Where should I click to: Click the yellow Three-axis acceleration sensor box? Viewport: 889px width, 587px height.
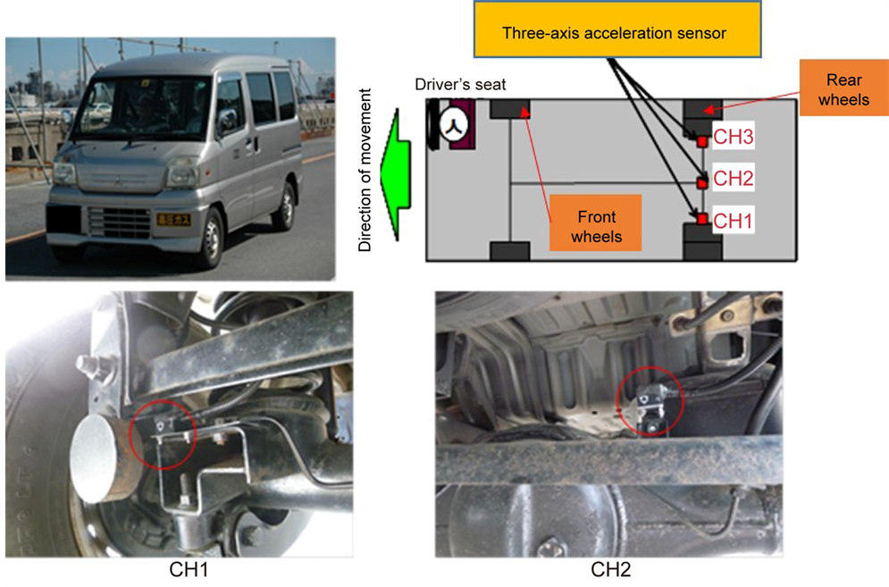coord(614,32)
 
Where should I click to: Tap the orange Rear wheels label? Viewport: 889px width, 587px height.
coord(843,89)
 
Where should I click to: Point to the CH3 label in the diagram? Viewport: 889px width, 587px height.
coord(734,138)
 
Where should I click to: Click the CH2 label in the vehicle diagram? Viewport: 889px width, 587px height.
coord(734,179)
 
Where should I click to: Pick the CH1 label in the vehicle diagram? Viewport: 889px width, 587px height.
coord(734,220)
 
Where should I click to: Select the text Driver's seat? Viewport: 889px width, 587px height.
coord(459,84)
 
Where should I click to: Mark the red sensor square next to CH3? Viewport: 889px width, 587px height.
coord(702,141)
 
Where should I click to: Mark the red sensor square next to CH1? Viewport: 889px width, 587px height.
coord(702,219)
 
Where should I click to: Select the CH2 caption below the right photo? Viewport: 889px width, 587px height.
coord(611,568)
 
